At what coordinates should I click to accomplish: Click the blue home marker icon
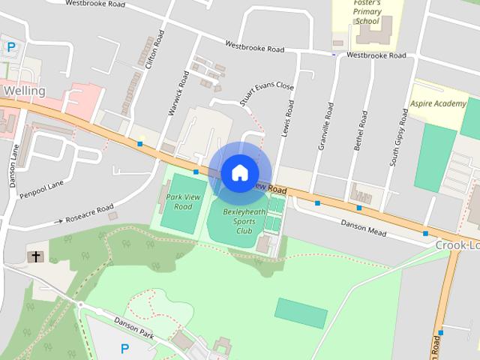click(x=239, y=173)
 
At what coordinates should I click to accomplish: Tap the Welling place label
click(x=24, y=91)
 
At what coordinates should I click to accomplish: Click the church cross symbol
click(x=34, y=257)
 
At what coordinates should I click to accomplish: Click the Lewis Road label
click(x=284, y=118)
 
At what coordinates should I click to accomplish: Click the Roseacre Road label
click(x=89, y=214)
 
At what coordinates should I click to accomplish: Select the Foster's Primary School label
click(x=367, y=12)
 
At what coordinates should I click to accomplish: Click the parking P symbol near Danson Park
click(x=124, y=348)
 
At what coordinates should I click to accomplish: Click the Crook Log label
click(x=457, y=245)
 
